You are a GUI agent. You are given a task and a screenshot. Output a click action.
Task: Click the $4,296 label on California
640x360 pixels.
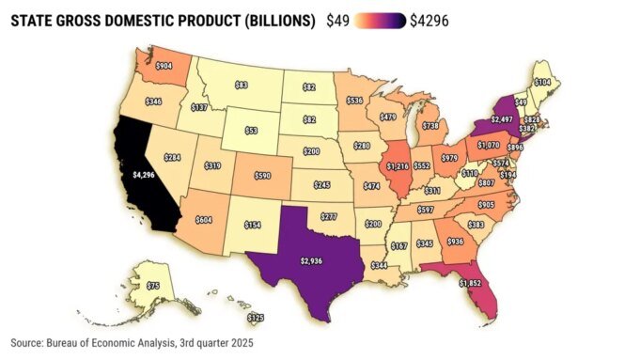point(143,175)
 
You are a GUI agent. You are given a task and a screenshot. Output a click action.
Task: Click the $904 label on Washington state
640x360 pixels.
point(164,67)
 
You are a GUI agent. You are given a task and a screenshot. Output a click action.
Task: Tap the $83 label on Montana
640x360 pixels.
point(241,85)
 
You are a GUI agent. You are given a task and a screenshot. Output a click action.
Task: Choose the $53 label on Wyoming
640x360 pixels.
point(251,131)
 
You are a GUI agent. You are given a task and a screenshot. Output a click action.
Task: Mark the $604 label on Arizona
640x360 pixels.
point(204,219)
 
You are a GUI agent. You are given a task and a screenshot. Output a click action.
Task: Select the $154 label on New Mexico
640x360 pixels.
point(251,226)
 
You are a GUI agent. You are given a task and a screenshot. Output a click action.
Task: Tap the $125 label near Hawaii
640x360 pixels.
point(255,319)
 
